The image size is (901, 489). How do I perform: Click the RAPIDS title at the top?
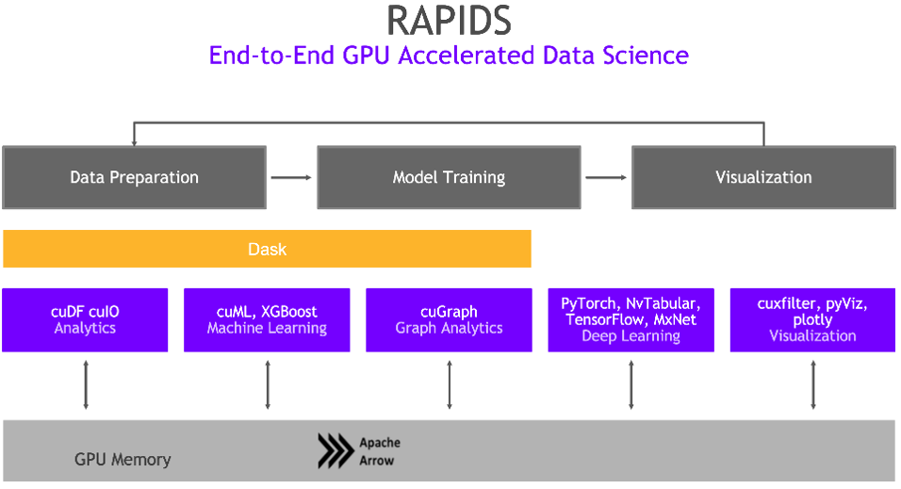(x=449, y=21)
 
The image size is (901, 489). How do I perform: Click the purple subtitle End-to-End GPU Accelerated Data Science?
(x=449, y=55)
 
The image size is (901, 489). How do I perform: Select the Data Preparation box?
(x=134, y=177)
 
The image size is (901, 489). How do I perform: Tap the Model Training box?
(x=449, y=177)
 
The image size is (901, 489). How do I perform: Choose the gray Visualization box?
(x=763, y=177)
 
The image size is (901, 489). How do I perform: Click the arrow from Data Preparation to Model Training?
(x=291, y=177)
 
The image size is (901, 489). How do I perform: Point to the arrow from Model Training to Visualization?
(x=606, y=177)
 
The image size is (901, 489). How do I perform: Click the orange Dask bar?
(x=267, y=250)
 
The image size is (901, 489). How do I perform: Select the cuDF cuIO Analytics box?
(x=85, y=320)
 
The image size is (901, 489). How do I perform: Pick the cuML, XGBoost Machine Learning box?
(x=267, y=320)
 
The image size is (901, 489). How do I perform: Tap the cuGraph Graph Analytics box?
(x=449, y=320)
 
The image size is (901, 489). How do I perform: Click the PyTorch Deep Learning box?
(x=631, y=320)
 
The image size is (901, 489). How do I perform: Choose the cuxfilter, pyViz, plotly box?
(x=812, y=320)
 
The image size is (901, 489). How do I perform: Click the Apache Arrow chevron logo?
(x=335, y=451)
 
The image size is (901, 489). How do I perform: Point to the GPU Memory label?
(x=123, y=460)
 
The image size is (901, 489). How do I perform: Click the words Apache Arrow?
(x=380, y=451)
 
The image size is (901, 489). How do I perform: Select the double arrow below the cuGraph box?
(x=450, y=384)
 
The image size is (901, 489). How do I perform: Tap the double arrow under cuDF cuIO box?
(x=86, y=384)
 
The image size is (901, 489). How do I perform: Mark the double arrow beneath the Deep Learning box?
(x=631, y=384)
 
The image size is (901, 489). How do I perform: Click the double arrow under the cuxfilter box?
(x=813, y=384)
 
